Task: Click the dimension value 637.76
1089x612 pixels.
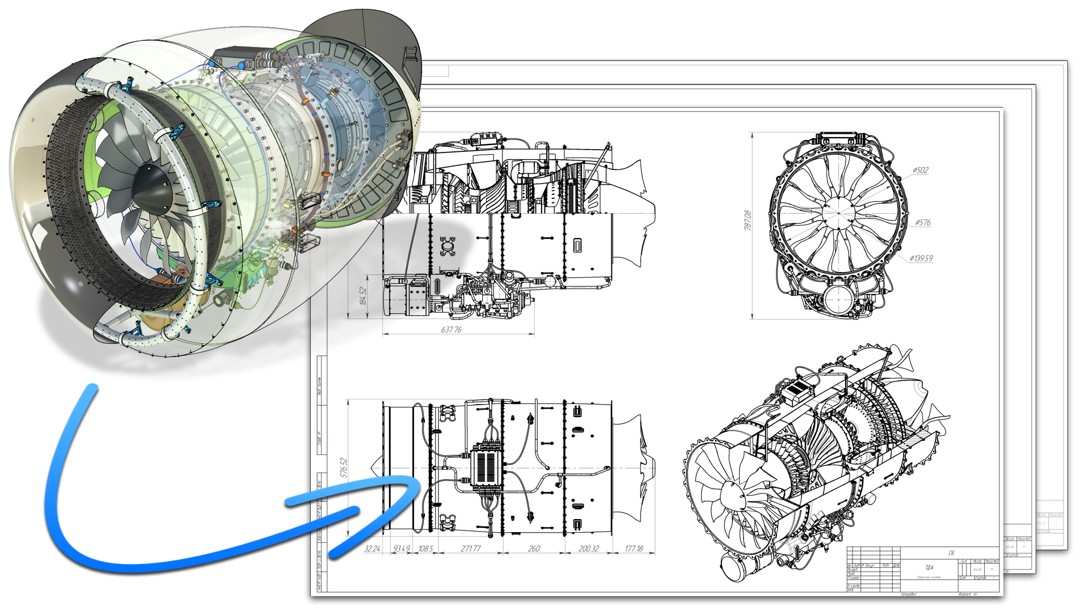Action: pos(451,329)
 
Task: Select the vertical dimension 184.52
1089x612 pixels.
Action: pos(363,296)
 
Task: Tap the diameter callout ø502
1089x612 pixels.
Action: pos(921,170)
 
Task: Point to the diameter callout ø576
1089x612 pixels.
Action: pos(923,223)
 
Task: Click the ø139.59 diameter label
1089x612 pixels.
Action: pos(921,258)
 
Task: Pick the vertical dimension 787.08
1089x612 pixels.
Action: pos(748,220)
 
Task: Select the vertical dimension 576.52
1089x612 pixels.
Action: pos(343,468)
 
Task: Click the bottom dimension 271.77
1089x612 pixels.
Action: pos(470,549)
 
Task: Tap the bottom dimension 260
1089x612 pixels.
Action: pos(534,549)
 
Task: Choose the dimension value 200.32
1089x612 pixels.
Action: pos(588,549)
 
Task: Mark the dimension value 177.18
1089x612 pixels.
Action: pos(634,549)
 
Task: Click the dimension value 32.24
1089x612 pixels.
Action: pos(372,549)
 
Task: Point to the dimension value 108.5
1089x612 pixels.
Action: pos(425,549)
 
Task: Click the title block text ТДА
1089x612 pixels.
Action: pos(928,567)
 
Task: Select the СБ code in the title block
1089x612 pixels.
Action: pos(951,553)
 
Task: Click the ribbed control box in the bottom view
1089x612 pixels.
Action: pos(487,467)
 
